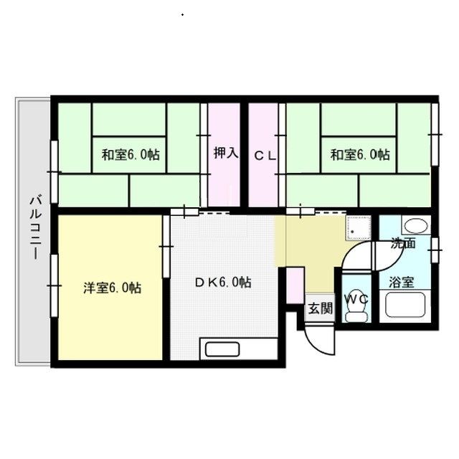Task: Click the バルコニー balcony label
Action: [x=36, y=228]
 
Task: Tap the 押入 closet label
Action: [x=226, y=153]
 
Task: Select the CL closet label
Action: [x=265, y=156]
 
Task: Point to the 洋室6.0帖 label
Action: [x=113, y=288]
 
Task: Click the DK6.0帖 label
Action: [x=223, y=282]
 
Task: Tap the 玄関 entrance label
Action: [x=321, y=308]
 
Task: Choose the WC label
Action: [x=356, y=299]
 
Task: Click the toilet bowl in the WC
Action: [x=356, y=312]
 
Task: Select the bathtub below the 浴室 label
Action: [x=405, y=305]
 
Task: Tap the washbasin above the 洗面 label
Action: [x=416, y=226]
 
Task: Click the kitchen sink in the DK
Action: [x=222, y=349]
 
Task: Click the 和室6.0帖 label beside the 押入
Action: [x=131, y=154]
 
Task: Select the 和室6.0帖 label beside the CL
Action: [x=360, y=154]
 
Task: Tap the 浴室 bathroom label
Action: [x=402, y=282]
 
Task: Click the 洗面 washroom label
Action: [x=404, y=244]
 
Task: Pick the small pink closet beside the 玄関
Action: [x=295, y=285]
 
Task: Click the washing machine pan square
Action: [x=359, y=228]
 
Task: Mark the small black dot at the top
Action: [x=183, y=14]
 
